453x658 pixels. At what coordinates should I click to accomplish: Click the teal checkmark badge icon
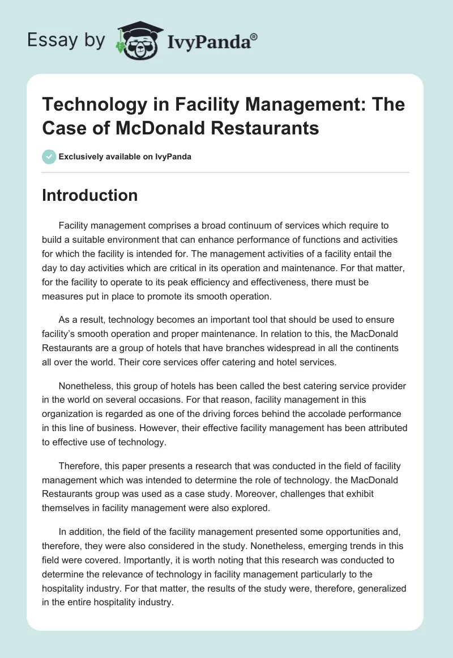(49, 157)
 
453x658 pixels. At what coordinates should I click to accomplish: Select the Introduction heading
(90, 195)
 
